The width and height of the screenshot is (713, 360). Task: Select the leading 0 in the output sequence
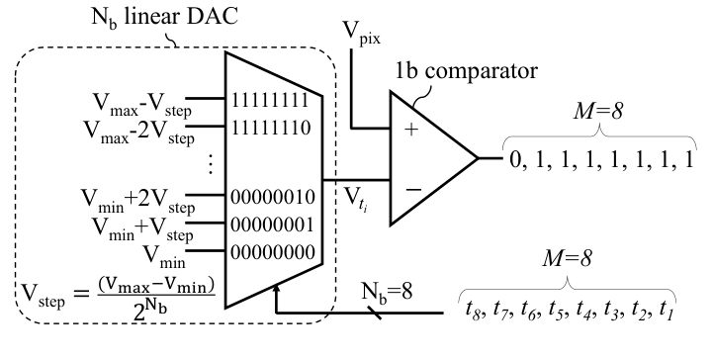515,159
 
